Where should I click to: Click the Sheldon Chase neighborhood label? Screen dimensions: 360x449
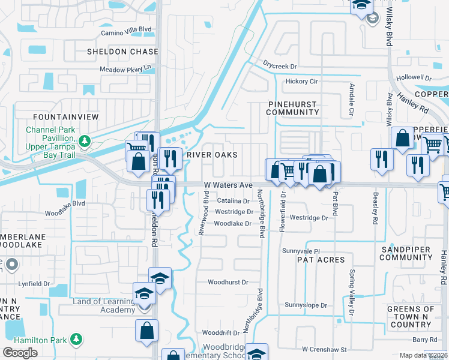pyautogui.click(x=122, y=52)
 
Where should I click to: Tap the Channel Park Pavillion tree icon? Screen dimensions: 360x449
pyautogui.click(x=85, y=141)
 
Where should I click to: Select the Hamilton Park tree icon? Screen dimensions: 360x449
pyautogui.click(x=76, y=340)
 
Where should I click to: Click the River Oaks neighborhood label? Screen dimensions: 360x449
pyautogui.click(x=212, y=155)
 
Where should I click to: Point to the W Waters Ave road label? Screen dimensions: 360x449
pyautogui.click(x=228, y=185)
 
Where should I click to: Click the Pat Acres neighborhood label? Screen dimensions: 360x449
pyautogui.click(x=321, y=260)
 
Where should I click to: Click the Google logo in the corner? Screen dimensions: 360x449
pyautogui.click(x=20, y=352)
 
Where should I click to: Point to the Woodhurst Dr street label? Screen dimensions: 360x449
pyautogui.click(x=228, y=282)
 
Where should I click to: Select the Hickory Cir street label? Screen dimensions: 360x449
pyautogui.click(x=301, y=81)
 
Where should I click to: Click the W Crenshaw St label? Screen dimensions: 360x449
pyautogui.click(x=324, y=349)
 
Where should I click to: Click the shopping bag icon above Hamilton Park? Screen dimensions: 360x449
pyautogui.click(x=147, y=331)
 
